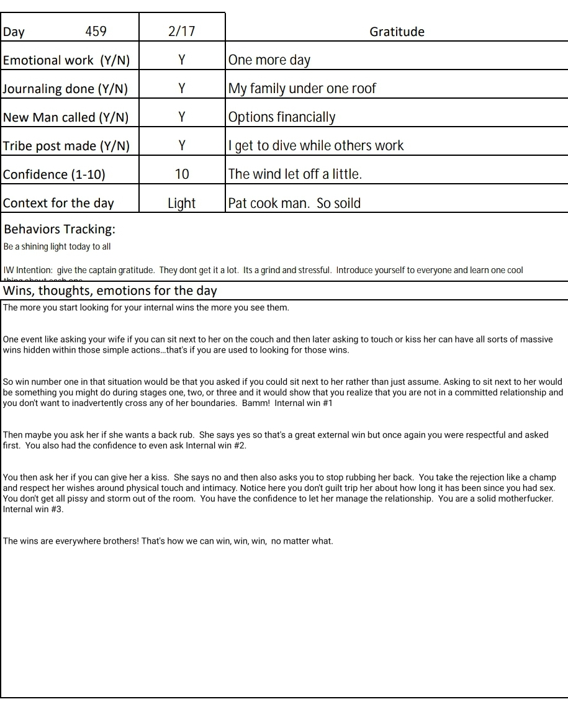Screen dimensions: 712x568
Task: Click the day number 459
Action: [x=96, y=32]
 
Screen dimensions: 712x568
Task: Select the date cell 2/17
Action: [x=181, y=32]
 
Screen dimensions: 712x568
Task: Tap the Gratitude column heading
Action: [x=397, y=32]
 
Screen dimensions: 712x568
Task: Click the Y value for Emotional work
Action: [x=182, y=60]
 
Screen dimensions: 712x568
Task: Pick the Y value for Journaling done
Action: [x=182, y=89]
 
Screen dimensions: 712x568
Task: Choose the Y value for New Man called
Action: [x=182, y=117]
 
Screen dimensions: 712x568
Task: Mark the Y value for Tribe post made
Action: [x=182, y=146]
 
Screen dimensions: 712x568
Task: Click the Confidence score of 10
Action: [x=182, y=174]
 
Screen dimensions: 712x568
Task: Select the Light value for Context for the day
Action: [x=181, y=204]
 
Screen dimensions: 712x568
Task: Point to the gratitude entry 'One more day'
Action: [x=269, y=60]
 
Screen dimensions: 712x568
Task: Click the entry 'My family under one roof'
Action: [x=302, y=89]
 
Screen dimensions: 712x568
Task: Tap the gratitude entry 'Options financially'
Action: [x=282, y=117]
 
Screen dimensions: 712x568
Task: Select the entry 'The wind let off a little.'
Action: [x=295, y=174]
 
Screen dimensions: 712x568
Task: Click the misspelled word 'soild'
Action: [x=348, y=203]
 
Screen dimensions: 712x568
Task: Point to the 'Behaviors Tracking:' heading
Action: [x=60, y=229]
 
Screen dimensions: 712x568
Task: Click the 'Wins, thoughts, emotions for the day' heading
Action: [x=110, y=291]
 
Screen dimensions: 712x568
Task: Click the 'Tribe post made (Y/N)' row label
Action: [x=66, y=146]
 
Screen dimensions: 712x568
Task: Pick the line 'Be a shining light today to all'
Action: [x=57, y=246]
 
